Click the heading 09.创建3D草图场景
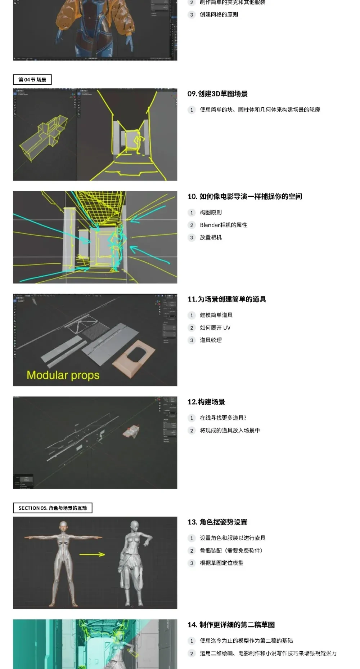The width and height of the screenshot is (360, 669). (x=217, y=94)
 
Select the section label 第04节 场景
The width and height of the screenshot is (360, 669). (x=32, y=80)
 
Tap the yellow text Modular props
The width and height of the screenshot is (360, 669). (x=63, y=375)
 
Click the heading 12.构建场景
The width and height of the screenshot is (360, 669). (x=206, y=402)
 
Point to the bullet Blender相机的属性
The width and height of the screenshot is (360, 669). (x=223, y=225)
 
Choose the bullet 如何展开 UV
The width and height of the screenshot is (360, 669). (x=215, y=328)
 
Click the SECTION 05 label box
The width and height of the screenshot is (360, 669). (x=53, y=508)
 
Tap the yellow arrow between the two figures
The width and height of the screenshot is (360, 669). (x=92, y=554)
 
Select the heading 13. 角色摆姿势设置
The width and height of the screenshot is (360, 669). (x=217, y=522)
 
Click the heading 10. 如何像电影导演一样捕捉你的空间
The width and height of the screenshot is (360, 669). (x=245, y=197)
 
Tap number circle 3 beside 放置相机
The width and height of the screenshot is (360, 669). (x=192, y=238)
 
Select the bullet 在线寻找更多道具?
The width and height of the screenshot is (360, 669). (x=223, y=418)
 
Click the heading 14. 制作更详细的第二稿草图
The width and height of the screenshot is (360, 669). (x=231, y=625)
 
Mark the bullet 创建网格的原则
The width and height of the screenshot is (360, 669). (x=219, y=15)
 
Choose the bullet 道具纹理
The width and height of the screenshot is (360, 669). (x=211, y=340)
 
